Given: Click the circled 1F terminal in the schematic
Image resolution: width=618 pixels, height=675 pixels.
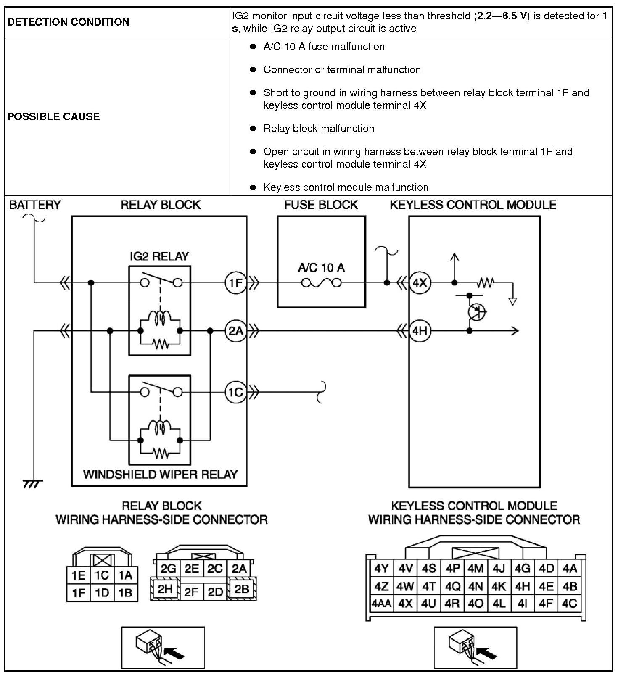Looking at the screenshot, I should (235, 283).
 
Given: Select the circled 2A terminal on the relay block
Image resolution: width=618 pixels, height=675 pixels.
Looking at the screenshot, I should (235, 331).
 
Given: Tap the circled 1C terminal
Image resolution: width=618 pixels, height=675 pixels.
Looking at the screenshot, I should (235, 392).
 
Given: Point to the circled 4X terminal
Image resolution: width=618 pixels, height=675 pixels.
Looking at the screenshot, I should (420, 283).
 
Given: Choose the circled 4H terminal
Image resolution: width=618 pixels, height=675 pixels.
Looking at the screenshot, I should (420, 331).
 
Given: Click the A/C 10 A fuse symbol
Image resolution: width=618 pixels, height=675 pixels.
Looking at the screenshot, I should (321, 283).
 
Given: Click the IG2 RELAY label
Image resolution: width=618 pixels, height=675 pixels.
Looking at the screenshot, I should (159, 256).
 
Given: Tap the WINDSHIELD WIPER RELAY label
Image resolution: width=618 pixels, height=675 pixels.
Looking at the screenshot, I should (160, 475).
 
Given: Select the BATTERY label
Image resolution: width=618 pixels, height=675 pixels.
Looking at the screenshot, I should (35, 205).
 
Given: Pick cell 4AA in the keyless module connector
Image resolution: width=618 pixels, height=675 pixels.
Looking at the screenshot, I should (381, 604).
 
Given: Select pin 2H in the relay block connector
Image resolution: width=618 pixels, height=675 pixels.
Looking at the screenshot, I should (165, 589).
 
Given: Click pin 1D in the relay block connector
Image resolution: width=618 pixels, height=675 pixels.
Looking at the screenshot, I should (102, 593).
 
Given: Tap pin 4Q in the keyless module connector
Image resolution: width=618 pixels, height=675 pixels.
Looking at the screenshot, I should (452, 586).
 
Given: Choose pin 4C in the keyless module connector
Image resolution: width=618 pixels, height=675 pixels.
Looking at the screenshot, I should (570, 604).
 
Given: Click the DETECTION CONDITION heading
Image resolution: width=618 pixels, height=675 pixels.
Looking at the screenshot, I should (69, 22).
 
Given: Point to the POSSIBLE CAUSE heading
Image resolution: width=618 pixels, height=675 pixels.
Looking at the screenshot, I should (54, 116).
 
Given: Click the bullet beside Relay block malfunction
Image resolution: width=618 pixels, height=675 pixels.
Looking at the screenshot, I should (253, 128).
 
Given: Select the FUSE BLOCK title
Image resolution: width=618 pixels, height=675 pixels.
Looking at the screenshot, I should (321, 205).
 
